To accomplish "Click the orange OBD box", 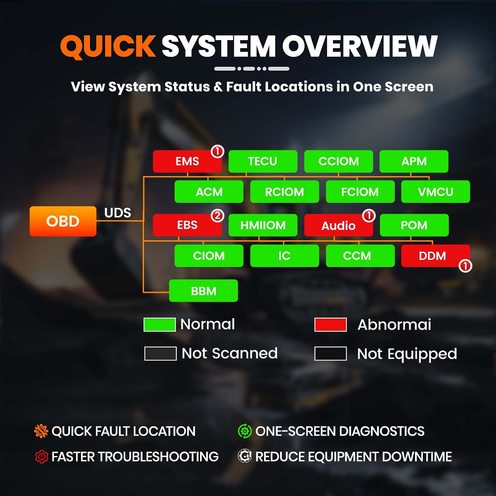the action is tap(63, 221).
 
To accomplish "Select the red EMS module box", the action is tap(187, 161).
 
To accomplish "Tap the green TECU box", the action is tap(263, 161).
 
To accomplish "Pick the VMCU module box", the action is tap(435, 192).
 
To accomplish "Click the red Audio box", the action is tap(339, 226).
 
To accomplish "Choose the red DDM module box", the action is tap(435, 256).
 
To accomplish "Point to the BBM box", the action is tap(203, 291).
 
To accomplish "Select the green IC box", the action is tap(285, 256).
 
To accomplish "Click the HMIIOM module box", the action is tap(263, 225).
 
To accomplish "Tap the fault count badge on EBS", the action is tap(218, 216).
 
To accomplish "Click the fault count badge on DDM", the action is tap(465, 266).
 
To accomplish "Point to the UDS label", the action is tap(118, 213).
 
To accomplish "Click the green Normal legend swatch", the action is tap(160, 324).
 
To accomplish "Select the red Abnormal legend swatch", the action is tap(331, 324).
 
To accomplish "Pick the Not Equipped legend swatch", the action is tap(331, 353).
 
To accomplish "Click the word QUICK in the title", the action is tap(108, 46).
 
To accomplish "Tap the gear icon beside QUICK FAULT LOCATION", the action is tap(41, 431).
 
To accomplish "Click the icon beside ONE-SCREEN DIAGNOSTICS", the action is tap(245, 431).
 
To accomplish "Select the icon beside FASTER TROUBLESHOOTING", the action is tap(42, 457).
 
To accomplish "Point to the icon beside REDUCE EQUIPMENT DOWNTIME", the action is tap(245, 456).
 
